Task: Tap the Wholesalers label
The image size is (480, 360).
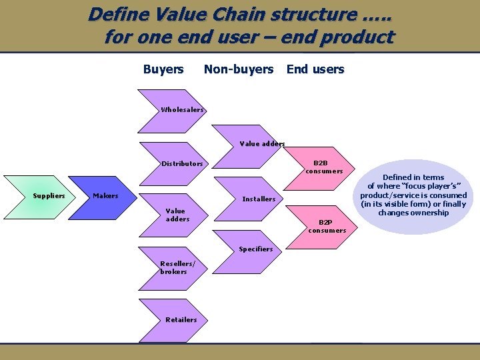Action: (182, 109)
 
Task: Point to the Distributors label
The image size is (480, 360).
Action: (182, 163)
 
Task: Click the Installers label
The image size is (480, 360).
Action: (259, 199)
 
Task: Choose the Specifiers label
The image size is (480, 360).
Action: (256, 249)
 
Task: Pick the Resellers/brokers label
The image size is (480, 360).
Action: (173, 267)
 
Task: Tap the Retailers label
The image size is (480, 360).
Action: (181, 319)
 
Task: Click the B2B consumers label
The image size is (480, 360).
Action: (324, 167)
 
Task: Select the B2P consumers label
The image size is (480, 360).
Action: (327, 226)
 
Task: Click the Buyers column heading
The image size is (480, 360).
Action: (163, 69)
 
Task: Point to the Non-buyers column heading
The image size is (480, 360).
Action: (239, 69)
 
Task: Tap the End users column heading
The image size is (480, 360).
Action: (315, 69)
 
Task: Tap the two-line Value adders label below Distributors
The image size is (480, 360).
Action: (177, 215)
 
